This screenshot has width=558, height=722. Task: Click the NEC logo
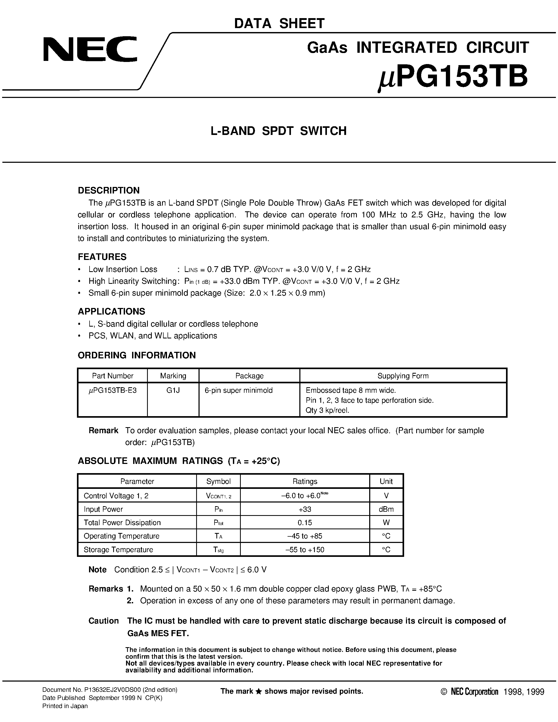coord(90,49)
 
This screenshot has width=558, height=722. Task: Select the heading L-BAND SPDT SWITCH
coord(279,131)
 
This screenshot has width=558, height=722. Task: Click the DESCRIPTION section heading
coord(108,190)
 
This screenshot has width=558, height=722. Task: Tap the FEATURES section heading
coord(102,257)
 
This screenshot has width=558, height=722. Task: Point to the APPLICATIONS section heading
coord(111,311)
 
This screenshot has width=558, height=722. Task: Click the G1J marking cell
coord(173,390)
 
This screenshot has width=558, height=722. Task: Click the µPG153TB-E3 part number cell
coord(112,390)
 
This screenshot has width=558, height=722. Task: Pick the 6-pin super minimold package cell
coord(239,390)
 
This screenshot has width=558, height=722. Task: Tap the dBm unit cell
coord(386,509)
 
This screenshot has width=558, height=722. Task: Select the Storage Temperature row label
coord(118,550)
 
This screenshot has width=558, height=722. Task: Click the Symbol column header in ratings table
coord(218,481)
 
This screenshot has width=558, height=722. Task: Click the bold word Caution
coord(103,621)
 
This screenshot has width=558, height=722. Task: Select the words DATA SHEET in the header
coord(279,23)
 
